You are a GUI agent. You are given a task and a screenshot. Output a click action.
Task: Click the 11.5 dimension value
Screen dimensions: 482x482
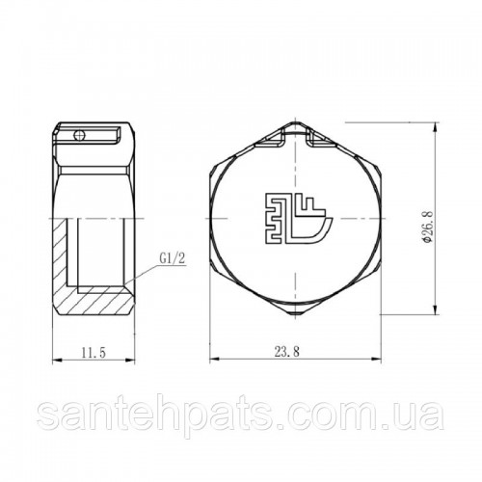point(94,353)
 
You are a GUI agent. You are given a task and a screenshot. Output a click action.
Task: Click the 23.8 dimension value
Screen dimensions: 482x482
point(287,352)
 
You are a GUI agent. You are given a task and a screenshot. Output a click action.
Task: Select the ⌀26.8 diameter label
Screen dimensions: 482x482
point(428,227)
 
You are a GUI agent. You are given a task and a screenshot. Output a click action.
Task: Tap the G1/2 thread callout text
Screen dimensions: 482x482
point(173,258)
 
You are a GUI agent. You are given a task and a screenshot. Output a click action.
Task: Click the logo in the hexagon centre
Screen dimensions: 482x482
point(297,219)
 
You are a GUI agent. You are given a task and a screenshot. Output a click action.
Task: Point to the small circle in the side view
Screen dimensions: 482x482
point(78,136)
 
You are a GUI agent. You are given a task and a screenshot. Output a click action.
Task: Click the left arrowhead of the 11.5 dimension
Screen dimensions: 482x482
point(57,360)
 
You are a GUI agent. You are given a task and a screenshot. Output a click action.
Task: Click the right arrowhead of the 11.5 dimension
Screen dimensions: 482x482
point(131,360)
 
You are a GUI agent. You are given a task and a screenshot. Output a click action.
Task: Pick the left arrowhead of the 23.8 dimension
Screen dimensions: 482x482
point(214,359)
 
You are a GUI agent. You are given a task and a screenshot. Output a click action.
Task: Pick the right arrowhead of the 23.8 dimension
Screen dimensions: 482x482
point(377,359)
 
